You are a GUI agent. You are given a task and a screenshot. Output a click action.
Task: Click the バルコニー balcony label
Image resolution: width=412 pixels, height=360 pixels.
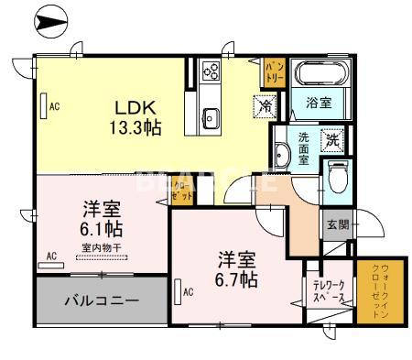coord(101,300)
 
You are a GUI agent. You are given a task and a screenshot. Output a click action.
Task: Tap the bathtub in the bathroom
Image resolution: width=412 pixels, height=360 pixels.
coord(318,73)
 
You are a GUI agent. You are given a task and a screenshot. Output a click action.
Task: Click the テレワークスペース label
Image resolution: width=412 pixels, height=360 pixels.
coord(327,292)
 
